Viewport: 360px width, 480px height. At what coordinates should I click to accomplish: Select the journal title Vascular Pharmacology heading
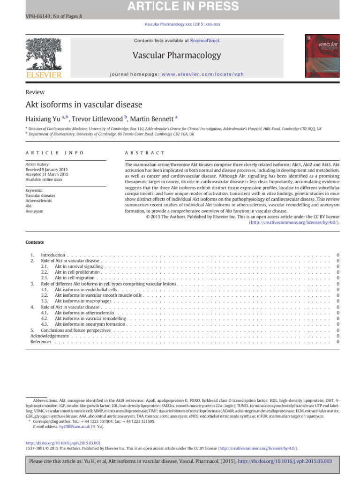click(177, 55)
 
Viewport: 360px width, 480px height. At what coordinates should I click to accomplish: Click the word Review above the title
click(35, 92)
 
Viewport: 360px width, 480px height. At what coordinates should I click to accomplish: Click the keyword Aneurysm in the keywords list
click(35, 211)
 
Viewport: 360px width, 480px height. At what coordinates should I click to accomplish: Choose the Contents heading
click(35, 242)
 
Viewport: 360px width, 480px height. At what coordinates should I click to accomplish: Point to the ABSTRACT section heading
click(145, 153)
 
